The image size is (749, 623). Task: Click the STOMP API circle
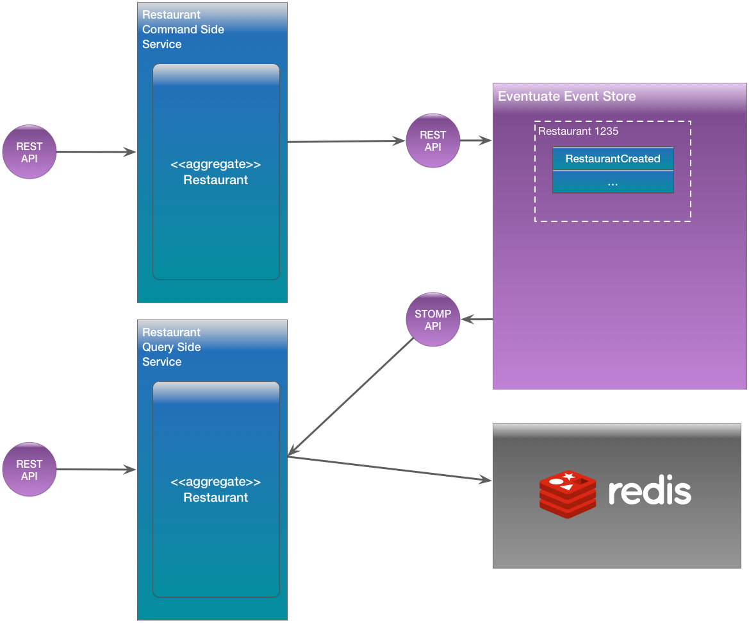433,320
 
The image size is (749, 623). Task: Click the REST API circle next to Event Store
433,141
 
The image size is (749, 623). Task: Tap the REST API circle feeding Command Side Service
29,152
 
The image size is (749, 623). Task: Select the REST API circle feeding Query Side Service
29,470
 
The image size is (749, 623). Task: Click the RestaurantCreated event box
613,158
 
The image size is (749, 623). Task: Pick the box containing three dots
613,182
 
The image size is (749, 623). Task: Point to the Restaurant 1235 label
578,131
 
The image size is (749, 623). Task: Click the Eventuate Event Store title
566,96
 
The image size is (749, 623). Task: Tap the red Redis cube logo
567,493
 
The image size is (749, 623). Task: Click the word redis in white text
649,491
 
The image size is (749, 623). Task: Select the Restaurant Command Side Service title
183,30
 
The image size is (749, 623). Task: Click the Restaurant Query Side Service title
171,347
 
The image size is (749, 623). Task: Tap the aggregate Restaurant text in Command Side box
215,173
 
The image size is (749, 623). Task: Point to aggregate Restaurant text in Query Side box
215,490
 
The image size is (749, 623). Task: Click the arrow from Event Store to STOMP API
477,319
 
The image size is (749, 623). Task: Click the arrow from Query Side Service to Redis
390,468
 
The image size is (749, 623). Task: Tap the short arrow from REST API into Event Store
476,141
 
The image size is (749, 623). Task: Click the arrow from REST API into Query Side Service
96,470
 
